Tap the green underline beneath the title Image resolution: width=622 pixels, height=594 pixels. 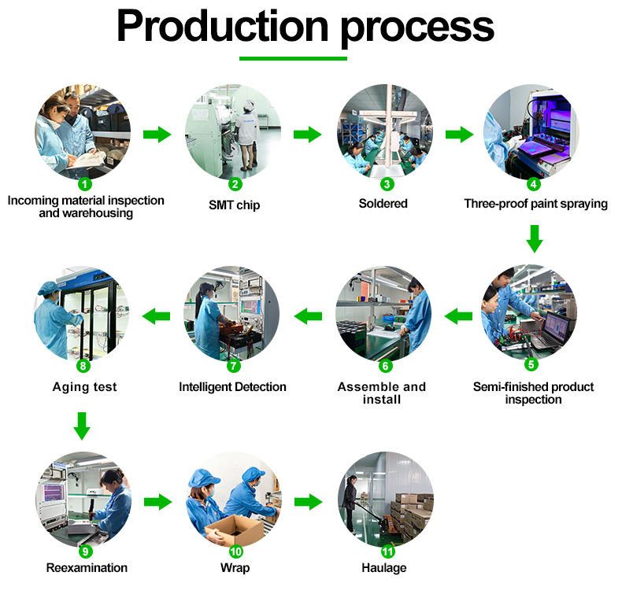click(293, 57)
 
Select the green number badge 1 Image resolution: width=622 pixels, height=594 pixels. click(84, 184)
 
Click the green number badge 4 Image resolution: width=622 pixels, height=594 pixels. click(534, 184)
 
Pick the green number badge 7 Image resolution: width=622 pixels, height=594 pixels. click(233, 365)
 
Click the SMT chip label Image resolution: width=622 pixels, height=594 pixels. click(234, 205)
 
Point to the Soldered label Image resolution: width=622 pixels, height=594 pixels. click(383, 204)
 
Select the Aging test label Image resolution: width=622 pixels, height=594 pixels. click(84, 387)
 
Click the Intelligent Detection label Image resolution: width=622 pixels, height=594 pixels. click(232, 387)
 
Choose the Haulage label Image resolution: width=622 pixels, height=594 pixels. click(383, 568)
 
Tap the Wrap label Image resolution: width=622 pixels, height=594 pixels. click(234, 568)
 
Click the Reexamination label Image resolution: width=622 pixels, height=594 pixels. click(87, 568)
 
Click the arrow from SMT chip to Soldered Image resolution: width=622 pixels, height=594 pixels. click(307, 134)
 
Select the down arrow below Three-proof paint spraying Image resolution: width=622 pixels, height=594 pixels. click(535, 238)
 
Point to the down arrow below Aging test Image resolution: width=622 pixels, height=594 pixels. click(82, 425)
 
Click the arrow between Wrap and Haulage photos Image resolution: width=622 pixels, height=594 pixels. click(308, 501)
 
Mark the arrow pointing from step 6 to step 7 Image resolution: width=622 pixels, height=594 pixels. click(309, 316)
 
